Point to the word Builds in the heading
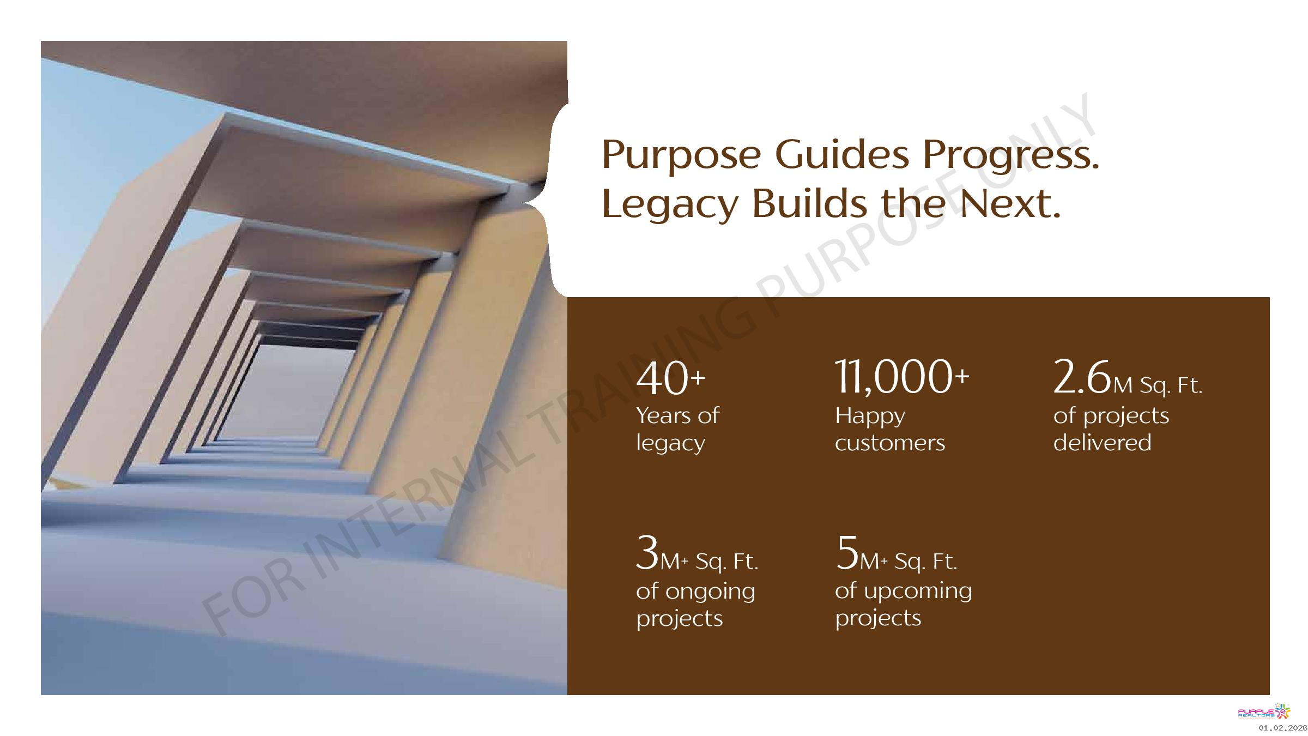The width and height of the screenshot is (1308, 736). (x=809, y=203)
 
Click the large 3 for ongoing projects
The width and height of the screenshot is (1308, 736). (x=647, y=553)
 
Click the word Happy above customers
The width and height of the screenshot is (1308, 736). (x=870, y=417)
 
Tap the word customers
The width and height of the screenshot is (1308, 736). (x=890, y=443)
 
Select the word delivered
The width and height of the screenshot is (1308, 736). (x=1102, y=442)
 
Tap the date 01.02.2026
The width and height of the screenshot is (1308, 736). (x=1282, y=728)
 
